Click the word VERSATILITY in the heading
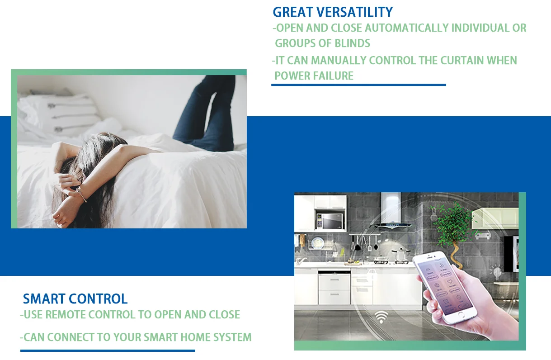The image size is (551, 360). point(354,12)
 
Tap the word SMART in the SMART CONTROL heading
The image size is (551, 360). point(44,299)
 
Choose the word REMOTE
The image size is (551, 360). point(66,314)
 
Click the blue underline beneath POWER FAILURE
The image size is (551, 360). point(358,85)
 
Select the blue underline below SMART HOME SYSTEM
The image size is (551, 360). point(108,351)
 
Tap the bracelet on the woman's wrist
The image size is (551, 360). point(81,194)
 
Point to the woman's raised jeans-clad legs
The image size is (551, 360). point(207,113)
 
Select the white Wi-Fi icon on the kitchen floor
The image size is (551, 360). point(381,317)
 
